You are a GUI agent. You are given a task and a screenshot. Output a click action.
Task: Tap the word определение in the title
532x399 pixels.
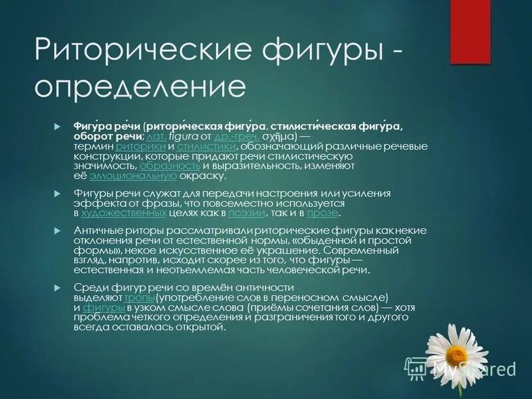[140, 87]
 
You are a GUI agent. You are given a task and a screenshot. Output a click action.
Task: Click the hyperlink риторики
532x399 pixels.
[141, 146]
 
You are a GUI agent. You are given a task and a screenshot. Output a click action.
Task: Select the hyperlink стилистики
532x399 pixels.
[207, 146]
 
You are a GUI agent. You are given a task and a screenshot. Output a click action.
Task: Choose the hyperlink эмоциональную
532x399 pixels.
[132, 176]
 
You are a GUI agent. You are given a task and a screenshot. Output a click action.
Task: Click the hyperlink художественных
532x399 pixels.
[123, 213]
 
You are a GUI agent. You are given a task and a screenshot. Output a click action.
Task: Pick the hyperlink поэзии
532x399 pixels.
[247, 213]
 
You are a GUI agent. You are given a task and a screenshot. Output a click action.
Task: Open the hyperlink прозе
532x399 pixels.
[323, 213]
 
